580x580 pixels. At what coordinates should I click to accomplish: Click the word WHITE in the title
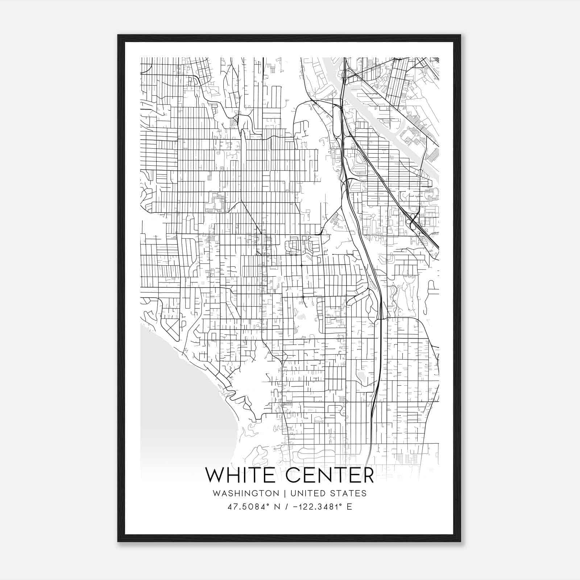(x=242, y=475)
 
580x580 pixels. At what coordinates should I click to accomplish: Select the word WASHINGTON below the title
(x=246, y=493)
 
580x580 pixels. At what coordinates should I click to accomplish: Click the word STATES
(x=348, y=493)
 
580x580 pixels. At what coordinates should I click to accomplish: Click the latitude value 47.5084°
(x=245, y=506)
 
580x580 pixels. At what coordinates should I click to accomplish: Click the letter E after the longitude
(x=349, y=506)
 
